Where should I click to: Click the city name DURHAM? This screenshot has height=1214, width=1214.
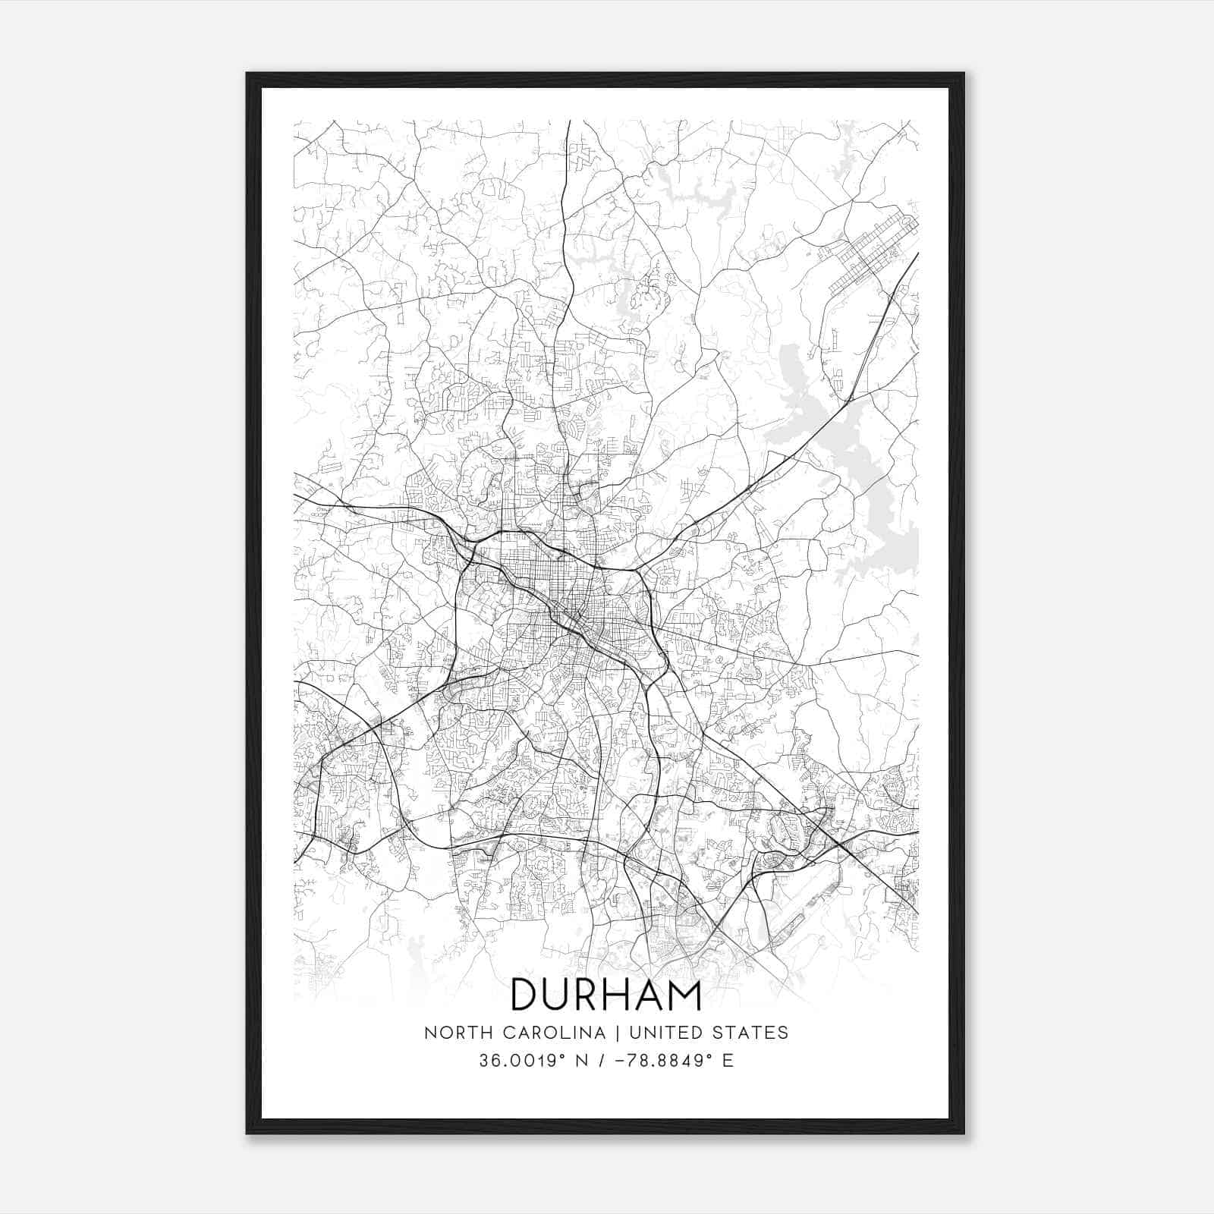coord(606,995)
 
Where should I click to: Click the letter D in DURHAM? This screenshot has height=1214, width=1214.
coord(525,995)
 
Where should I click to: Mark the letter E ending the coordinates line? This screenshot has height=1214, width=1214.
coord(728,1061)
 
